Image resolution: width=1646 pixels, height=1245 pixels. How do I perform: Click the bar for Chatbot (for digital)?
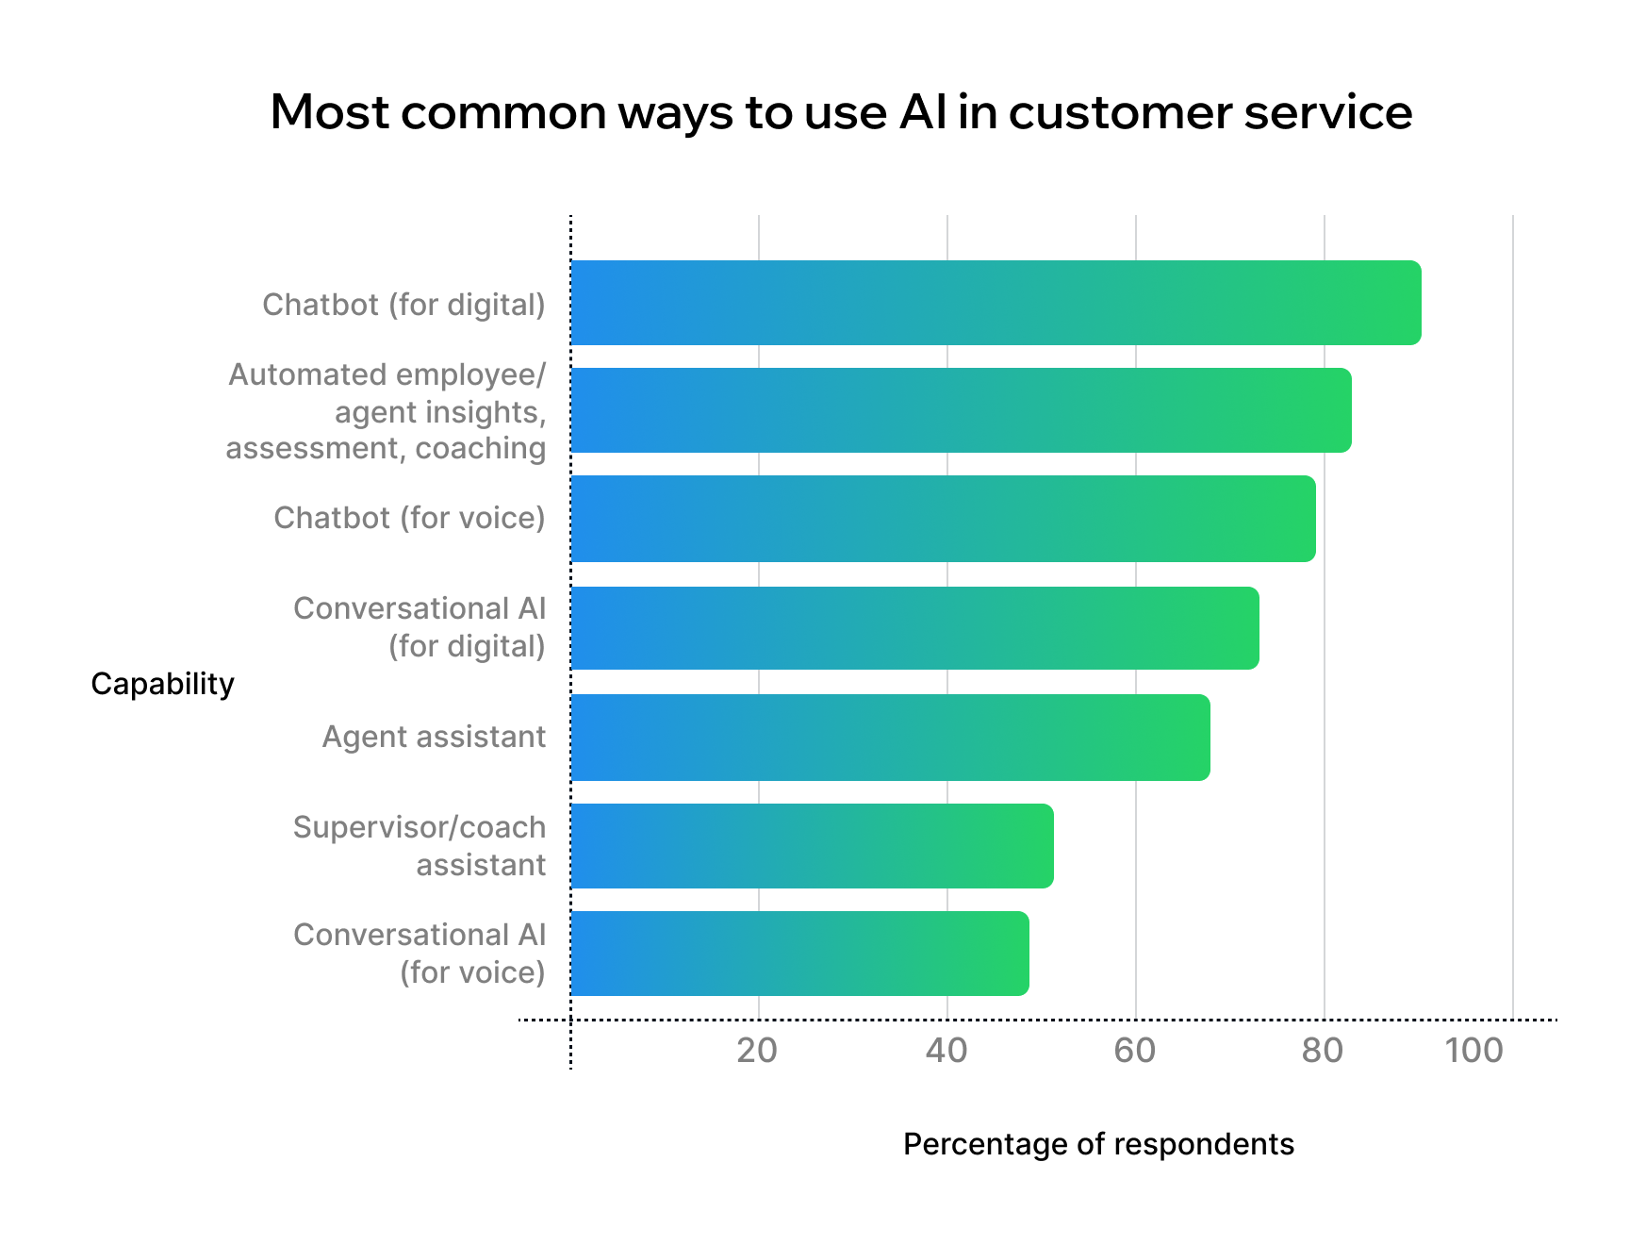[x=996, y=303]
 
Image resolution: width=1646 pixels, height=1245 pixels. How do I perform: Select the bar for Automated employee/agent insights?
[x=961, y=410]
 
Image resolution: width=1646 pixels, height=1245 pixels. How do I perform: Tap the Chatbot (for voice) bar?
[x=943, y=519]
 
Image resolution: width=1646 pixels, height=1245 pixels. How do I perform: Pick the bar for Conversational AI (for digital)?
[x=914, y=628]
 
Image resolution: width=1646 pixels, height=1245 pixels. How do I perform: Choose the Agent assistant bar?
[x=890, y=738]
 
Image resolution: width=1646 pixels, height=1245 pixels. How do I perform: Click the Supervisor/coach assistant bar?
[x=812, y=846]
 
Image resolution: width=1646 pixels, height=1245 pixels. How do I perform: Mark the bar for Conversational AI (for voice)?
[x=799, y=954]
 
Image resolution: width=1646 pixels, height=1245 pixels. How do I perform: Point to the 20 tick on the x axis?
[x=757, y=1050]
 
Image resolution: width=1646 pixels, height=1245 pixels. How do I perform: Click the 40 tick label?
[x=946, y=1050]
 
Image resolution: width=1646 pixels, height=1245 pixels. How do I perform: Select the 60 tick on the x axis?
[x=1134, y=1050]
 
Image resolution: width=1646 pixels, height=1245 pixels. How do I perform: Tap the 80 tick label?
[x=1323, y=1050]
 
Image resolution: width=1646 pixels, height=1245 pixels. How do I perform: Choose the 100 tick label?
[x=1475, y=1050]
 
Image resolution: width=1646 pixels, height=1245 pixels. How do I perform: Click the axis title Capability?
[x=162, y=685]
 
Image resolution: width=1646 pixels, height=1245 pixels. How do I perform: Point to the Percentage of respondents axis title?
[x=1098, y=1145]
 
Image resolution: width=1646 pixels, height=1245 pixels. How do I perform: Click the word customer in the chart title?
[x=1120, y=112]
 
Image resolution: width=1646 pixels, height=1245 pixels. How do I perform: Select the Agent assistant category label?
[x=434, y=737]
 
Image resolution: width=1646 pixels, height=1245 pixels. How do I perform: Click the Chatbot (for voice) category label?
[x=409, y=518]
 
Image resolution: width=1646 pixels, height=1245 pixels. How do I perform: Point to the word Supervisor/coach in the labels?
[x=420, y=827]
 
